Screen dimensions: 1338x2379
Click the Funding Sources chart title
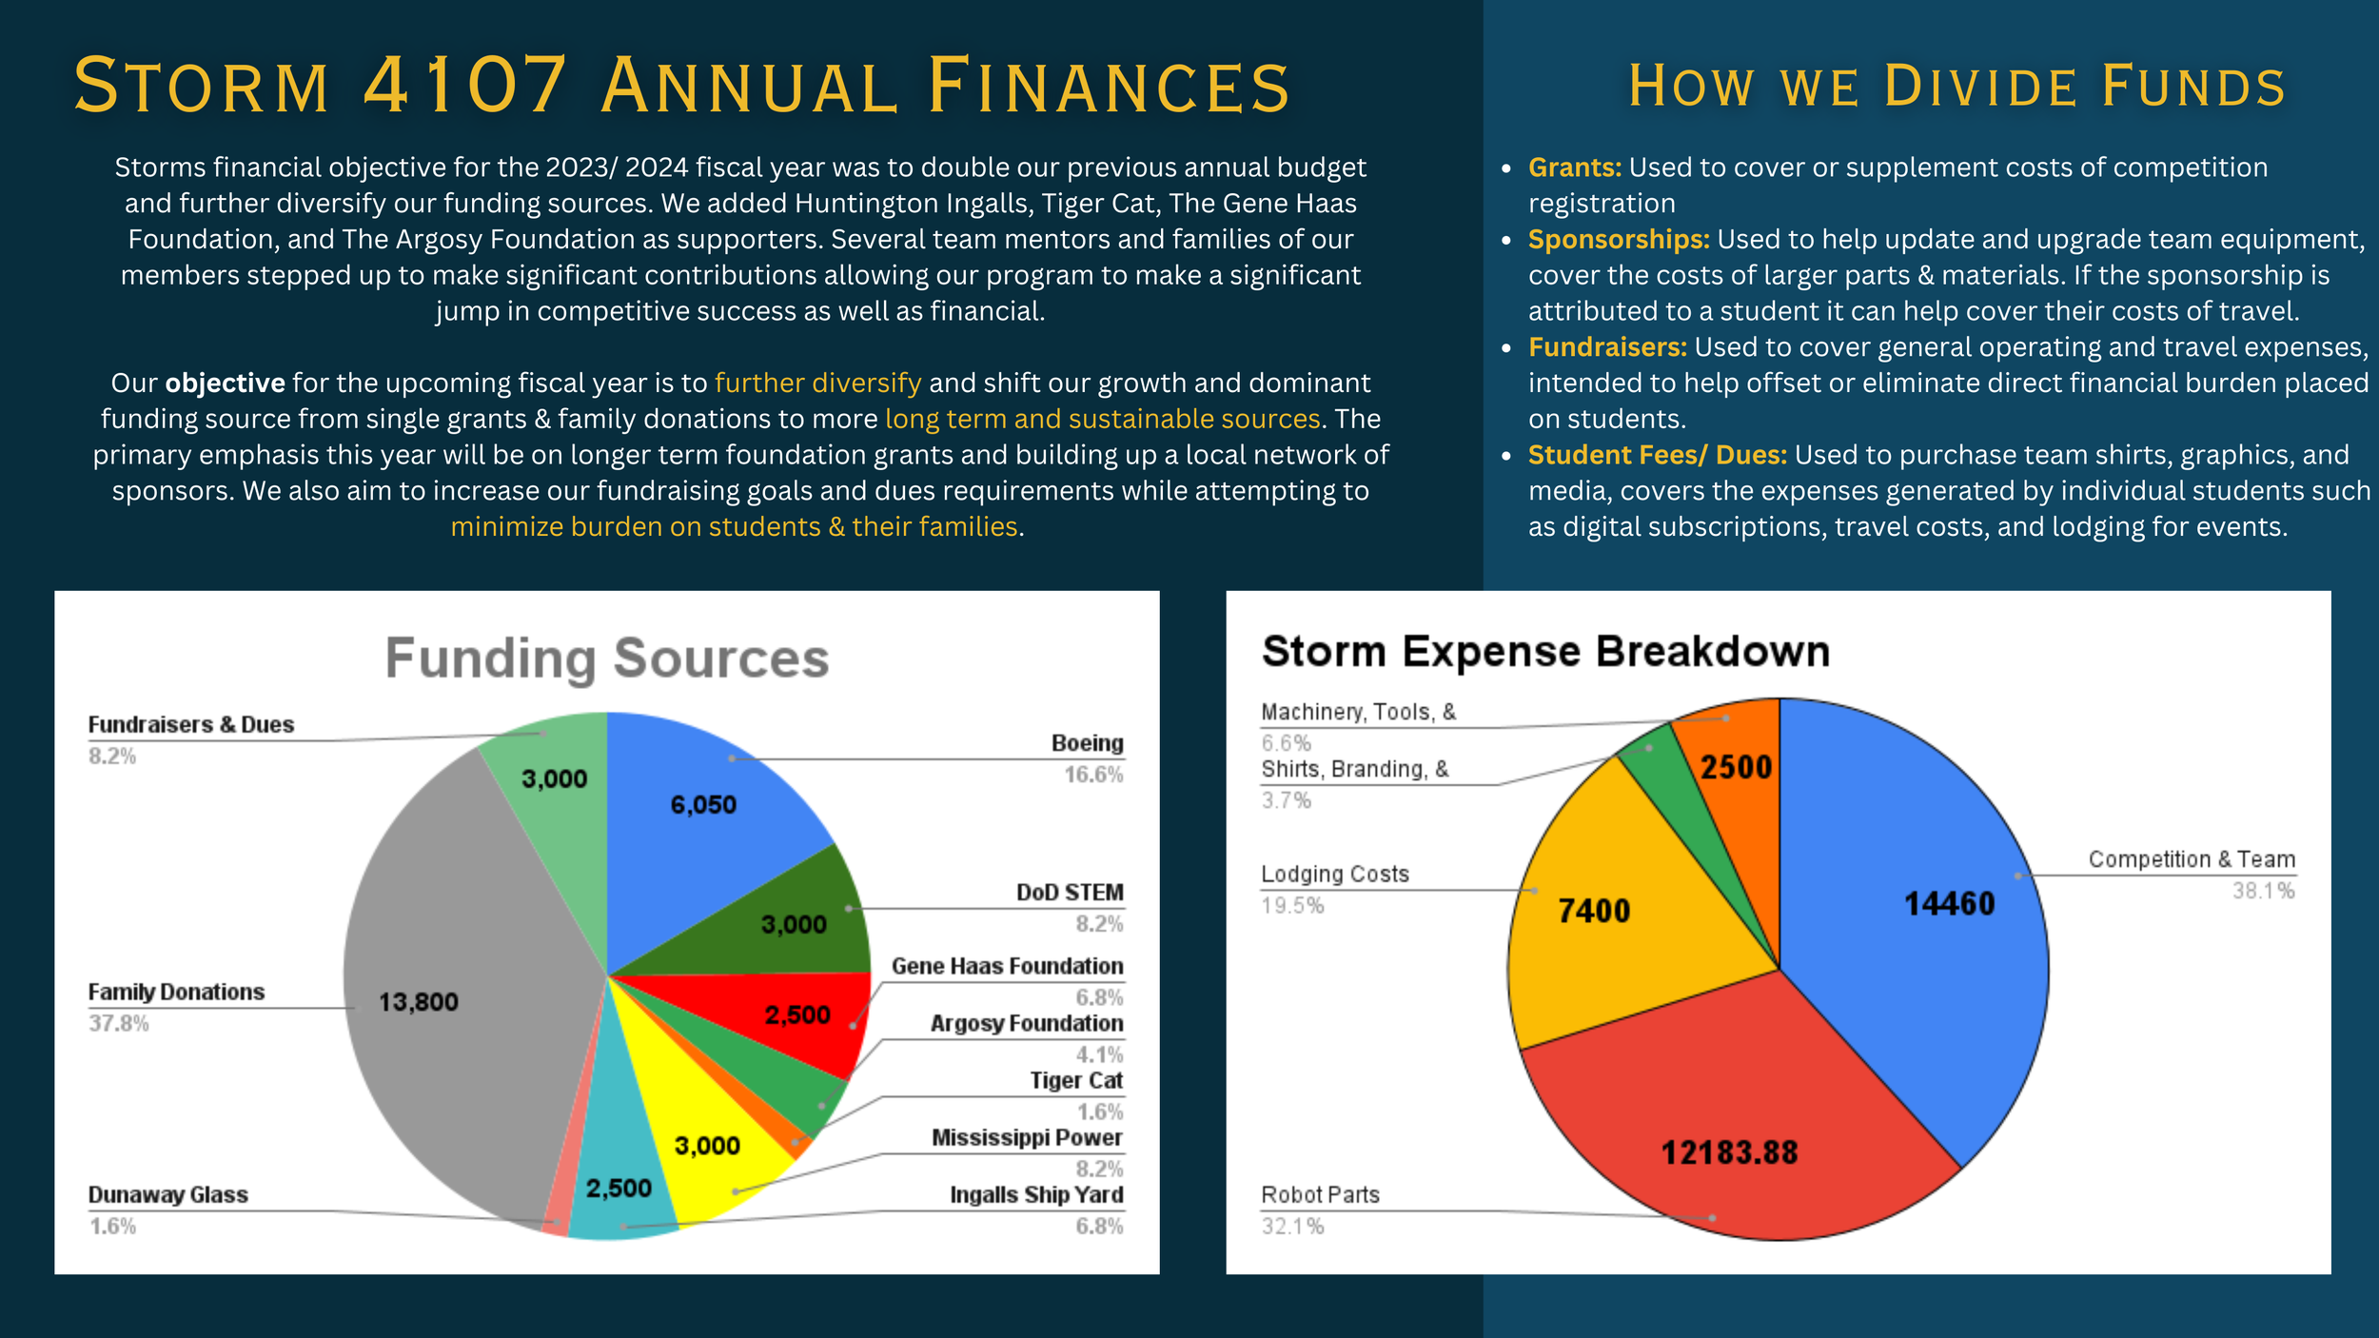tap(607, 658)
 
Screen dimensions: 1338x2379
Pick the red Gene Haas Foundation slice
tap(809, 1018)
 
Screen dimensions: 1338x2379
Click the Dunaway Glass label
tap(168, 1194)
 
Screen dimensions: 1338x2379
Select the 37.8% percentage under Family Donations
tap(119, 1023)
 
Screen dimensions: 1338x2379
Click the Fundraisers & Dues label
tap(191, 724)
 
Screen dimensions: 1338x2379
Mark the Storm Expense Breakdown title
tap(1545, 652)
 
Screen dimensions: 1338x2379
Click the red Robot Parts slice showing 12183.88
tap(1729, 1142)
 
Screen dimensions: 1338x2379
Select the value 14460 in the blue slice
tap(1949, 903)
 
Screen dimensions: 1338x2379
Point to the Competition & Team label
tap(2192, 859)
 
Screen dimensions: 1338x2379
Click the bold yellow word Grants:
tap(1574, 167)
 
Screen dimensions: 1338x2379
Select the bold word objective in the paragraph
tap(226, 383)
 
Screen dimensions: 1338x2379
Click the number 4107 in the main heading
tap(465, 86)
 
